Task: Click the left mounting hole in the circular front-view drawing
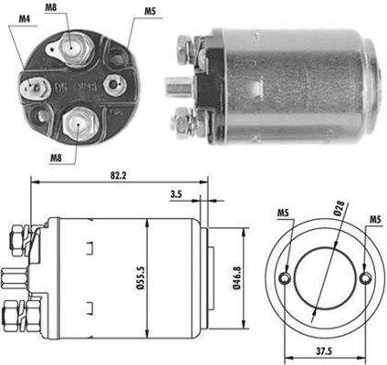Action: pos(287,277)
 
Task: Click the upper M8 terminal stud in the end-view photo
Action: pos(71,41)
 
